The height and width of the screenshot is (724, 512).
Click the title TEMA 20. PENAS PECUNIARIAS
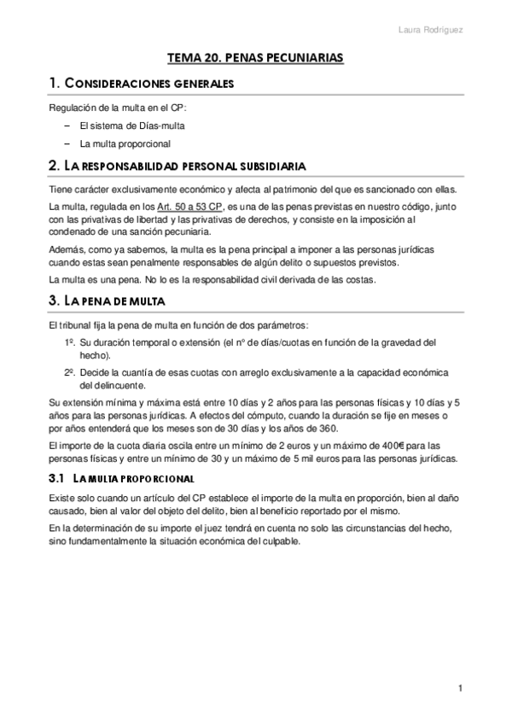click(255, 57)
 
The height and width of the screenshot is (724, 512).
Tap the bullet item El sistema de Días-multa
click(131, 126)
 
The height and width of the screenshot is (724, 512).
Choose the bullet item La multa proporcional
click(125, 143)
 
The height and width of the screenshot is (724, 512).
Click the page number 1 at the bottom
click(460, 688)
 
